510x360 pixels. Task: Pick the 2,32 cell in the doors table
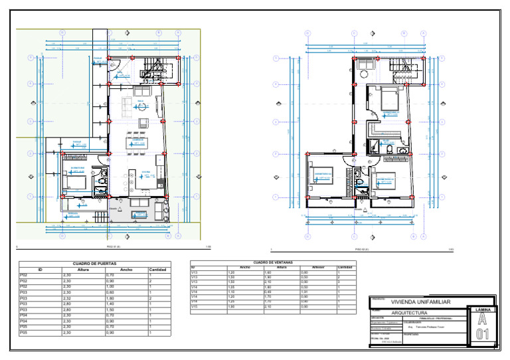(x=66, y=298)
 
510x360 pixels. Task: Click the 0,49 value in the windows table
(x=268, y=290)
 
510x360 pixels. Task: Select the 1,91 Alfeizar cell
(x=305, y=290)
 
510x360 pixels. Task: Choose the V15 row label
(x=195, y=306)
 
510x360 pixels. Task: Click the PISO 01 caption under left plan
(x=113, y=246)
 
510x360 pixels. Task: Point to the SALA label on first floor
(x=141, y=101)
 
